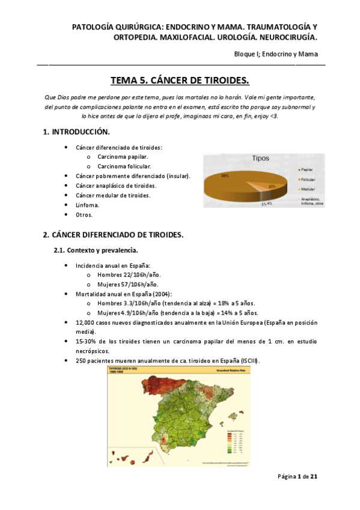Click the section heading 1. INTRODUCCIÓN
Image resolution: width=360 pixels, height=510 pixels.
coord(76,132)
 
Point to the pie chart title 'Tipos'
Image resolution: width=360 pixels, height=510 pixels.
coord(260,158)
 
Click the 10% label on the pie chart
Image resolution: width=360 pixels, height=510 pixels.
coord(272,186)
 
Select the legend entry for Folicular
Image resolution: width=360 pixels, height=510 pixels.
coord(312,180)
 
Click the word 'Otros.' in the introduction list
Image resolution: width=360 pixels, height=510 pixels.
coord(84,214)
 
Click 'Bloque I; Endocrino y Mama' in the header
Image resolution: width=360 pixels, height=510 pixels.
coord(276,54)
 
